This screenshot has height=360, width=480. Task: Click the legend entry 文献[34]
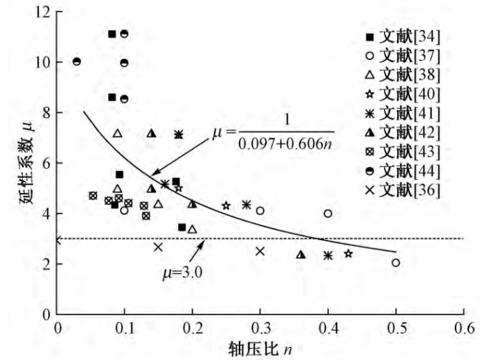(404, 35)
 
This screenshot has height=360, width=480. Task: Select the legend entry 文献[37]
(404, 55)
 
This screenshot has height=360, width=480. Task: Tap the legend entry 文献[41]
(404, 114)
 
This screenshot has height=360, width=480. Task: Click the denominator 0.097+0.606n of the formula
(285, 143)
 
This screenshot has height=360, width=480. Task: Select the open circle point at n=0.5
(395, 262)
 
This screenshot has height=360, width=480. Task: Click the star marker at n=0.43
(348, 253)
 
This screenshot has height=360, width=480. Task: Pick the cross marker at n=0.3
(260, 251)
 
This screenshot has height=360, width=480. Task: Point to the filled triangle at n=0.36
(301, 255)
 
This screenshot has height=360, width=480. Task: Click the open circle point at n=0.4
(328, 213)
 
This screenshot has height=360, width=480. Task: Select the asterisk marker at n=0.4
(328, 255)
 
